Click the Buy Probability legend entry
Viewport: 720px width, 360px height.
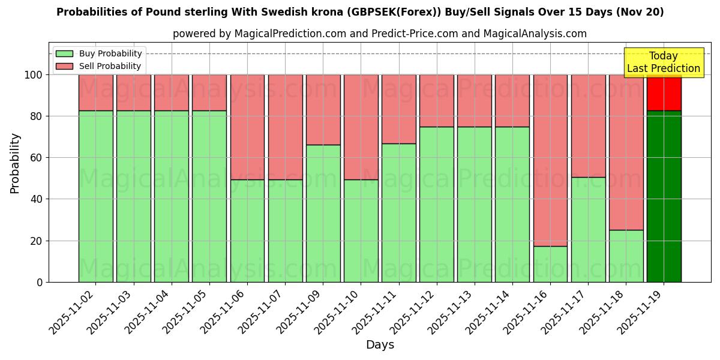(x=99, y=54)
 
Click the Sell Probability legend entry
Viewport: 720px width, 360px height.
(x=99, y=66)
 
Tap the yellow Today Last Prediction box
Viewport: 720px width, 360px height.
(x=663, y=62)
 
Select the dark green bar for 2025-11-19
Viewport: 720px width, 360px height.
(x=664, y=196)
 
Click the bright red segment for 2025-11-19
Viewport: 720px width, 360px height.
(x=664, y=92)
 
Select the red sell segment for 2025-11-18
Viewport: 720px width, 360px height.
(x=626, y=152)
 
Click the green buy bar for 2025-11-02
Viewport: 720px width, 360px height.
(x=95, y=196)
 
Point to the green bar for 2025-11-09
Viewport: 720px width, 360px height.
(x=323, y=213)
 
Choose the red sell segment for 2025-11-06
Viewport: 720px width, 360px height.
(x=247, y=127)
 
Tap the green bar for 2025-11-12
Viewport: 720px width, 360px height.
(x=437, y=204)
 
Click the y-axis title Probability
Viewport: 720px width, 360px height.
(x=15, y=163)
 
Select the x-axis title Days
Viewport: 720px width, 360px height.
(x=380, y=345)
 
